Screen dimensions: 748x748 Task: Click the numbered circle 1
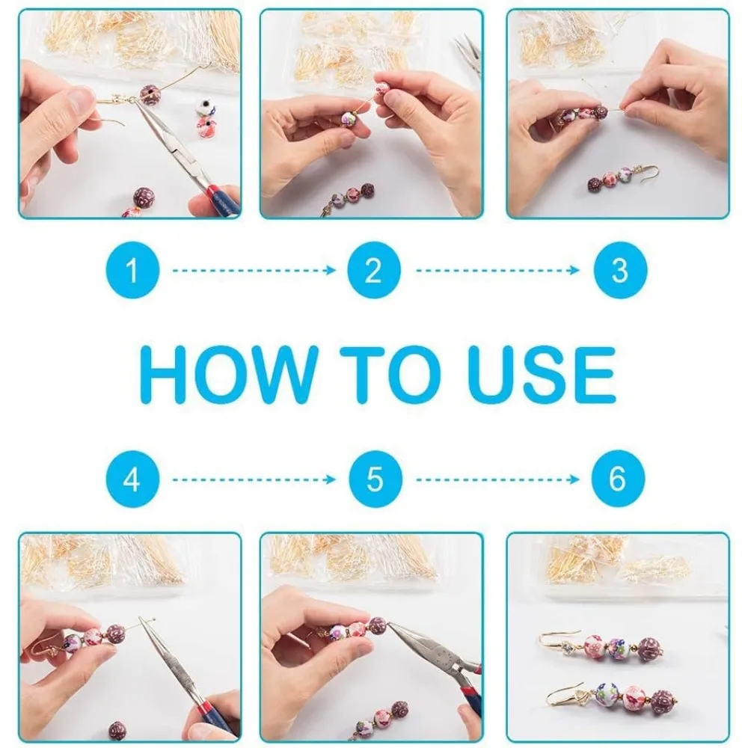(132, 271)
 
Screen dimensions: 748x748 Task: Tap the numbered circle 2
(374, 271)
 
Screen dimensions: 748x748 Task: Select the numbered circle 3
(620, 271)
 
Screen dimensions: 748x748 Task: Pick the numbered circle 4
(132, 479)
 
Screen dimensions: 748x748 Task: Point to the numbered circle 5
(375, 479)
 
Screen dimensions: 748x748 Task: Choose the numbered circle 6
(618, 478)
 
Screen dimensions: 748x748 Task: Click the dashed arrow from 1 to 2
(254, 271)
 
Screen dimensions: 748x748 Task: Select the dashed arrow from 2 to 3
(497, 271)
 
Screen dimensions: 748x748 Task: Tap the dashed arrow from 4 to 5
(254, 479)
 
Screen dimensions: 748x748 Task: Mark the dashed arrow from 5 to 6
(497, 479)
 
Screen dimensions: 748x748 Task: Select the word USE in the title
(542, 375)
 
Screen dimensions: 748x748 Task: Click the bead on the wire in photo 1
(150, 95)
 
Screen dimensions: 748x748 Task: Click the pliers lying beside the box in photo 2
(467, 53)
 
